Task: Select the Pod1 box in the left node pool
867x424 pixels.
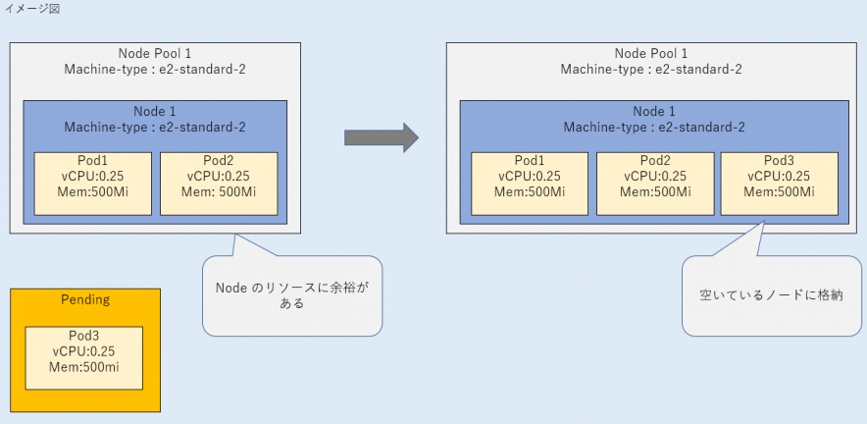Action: [93, 184]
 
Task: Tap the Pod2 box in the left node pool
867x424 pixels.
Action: [218, 184]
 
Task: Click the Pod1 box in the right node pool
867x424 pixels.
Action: [530, 184]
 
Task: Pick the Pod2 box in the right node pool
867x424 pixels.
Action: [654, 184]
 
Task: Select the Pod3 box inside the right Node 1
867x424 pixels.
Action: [779, 184]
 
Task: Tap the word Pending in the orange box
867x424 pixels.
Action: [84, 299]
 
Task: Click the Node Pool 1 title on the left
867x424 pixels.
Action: [155, 53]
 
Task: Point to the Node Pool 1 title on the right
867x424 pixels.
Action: [651, 53]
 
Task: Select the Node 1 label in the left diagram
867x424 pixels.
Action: [155, 111]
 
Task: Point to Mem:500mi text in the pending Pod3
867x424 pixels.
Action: [84, 368]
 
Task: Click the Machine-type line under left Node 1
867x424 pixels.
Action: [155, 127]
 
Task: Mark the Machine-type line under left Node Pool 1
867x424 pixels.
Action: [155, 69]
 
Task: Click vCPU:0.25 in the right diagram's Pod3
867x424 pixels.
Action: [779, 177]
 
